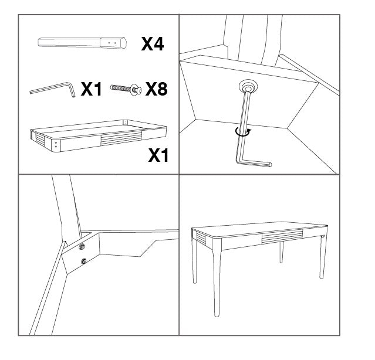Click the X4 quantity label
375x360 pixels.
pyautogui.click(x=152, y=43)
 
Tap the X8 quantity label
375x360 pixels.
pyautogui.click(x=156, y=89)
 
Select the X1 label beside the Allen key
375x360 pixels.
pyautogui.click(x=91, y=89)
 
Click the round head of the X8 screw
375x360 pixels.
pyautogui.click(x=137, y=89)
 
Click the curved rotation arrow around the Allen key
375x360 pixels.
pyautogui.click(x=241, y=133)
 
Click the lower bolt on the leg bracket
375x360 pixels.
pyautogui.click(x=83, y=261)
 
